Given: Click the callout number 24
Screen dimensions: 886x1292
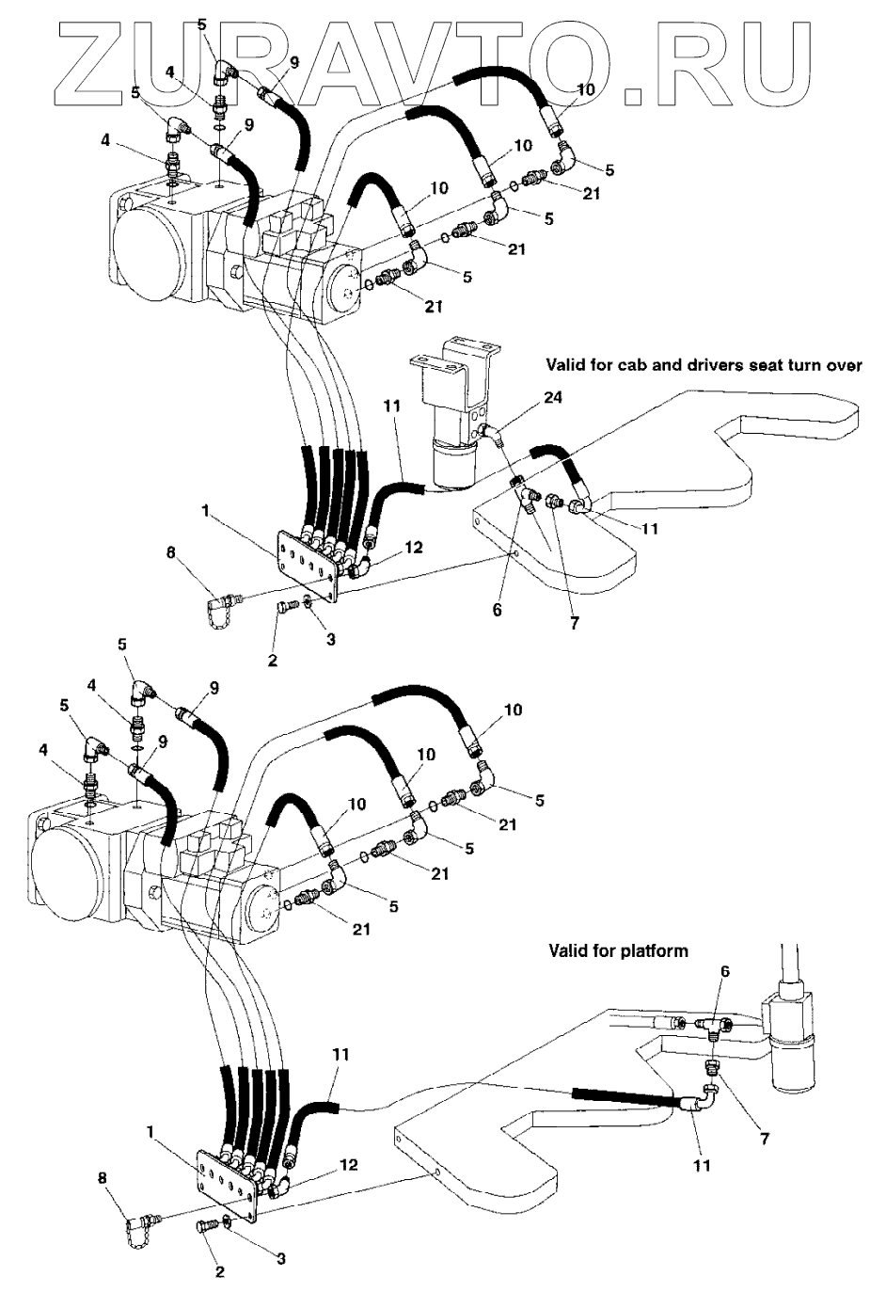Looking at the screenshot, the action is click(x=553, y=398).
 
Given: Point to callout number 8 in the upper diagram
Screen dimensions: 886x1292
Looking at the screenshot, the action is click(x=170, y=553).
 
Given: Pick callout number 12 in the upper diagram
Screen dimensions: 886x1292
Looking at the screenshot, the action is click(x=414, y=547).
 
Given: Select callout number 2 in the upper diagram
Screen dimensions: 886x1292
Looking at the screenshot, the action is click(x=272, y=661).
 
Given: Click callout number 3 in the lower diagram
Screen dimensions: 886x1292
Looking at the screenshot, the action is click(x=280, y=1258).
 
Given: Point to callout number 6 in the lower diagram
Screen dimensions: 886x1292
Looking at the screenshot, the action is click(x=724, y=972).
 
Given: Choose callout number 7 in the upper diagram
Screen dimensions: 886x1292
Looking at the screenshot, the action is click(x=574, y=624).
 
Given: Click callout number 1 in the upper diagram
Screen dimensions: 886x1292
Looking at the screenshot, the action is click(x=205, y=510).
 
